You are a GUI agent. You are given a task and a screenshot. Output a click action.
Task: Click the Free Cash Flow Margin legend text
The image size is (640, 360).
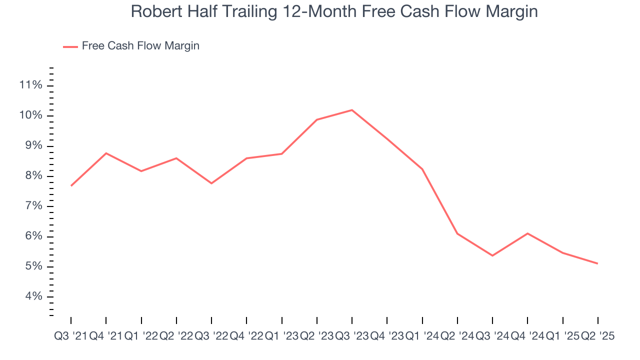tap(140, 46)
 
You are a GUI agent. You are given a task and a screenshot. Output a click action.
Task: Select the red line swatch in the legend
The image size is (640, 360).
tap(70, 46)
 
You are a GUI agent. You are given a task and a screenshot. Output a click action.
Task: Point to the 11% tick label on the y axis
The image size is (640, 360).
tap(30, 85)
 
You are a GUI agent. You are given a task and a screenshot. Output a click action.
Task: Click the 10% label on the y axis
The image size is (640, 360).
tap(30, 115)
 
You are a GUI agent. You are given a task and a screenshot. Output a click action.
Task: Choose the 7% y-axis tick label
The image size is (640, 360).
tap(30, 206)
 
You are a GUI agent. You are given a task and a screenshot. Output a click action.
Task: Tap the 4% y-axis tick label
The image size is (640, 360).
tap(30, 296)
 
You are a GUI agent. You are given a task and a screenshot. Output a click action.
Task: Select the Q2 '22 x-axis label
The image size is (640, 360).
tap(176, 336)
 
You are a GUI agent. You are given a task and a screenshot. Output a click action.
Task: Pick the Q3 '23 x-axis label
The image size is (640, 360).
tap(352, 336)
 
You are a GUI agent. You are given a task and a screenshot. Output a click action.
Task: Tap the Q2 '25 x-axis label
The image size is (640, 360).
tap(597, 336)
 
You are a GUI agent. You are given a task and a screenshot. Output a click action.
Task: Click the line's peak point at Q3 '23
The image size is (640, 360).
tap(352, 110)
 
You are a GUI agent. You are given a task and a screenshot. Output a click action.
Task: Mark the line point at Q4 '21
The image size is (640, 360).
tap(106, 153)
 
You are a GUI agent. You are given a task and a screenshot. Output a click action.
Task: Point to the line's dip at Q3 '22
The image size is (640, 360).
tap(211, 183)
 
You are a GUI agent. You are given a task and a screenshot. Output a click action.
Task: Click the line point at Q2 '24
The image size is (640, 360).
tap(457, 233)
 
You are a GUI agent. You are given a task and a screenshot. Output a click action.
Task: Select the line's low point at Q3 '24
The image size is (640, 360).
tap(492, 255)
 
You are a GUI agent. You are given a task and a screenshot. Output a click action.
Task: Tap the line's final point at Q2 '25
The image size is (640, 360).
tap(597, 263)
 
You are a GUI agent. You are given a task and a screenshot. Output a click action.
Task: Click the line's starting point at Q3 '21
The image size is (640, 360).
tap(71, 186)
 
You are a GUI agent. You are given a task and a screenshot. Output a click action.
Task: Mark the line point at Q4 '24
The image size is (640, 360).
tap(527, 233)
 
